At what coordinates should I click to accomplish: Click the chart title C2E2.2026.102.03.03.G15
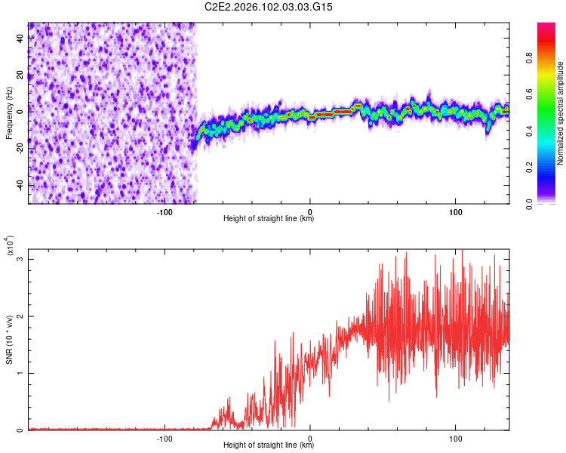coord(269,7)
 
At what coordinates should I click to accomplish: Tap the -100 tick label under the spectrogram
coord(165,210)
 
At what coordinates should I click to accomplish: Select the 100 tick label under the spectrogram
coord(456,210)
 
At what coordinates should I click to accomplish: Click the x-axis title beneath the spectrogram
coord(269,219)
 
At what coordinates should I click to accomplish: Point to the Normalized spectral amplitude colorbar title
coord(561,114)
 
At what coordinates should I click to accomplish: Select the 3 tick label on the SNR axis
coord(20,259)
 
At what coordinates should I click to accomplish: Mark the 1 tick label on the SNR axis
coord(20,373)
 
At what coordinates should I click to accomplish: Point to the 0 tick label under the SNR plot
coord(310,437)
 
